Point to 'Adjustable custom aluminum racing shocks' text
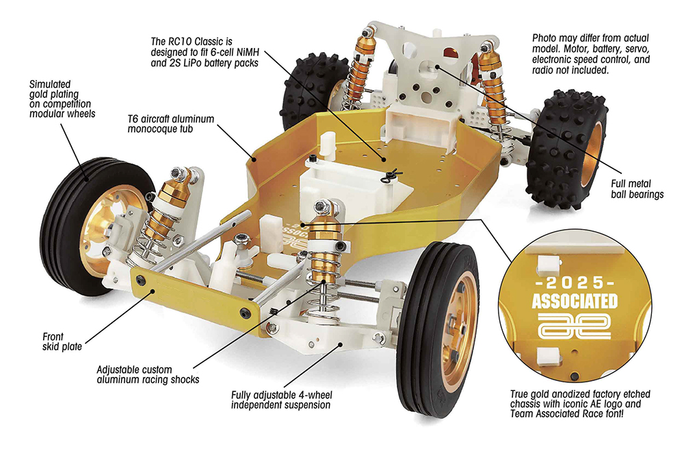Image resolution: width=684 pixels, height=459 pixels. tap(147, 373)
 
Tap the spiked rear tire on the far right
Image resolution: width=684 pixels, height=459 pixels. tap(568, 150)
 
